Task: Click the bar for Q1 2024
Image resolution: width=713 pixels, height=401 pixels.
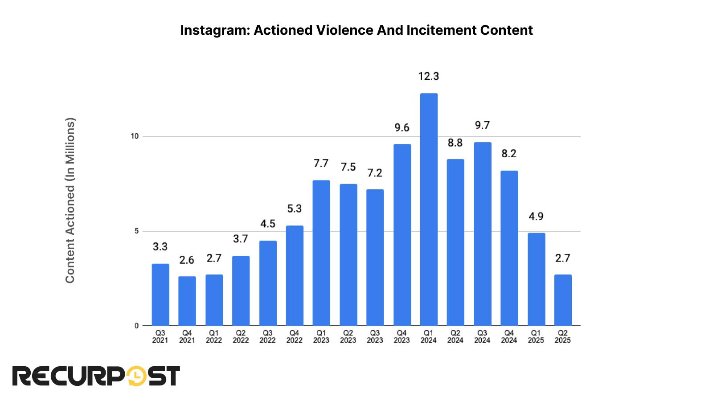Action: [x=429, y=209]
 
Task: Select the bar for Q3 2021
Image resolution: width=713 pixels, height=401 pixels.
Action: [x=160, y=295]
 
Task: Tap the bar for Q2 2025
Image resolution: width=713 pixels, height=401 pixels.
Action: [x=563, y=300]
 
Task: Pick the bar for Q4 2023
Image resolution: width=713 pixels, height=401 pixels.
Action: [x=402, y=235]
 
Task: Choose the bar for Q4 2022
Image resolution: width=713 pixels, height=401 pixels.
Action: [x=295, y=275]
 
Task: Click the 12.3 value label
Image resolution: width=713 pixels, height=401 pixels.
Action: [x=429, y=76]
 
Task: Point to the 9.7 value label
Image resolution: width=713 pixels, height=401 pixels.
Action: [x=482, y=125]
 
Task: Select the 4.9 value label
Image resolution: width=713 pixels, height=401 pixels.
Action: [x=536, y=217]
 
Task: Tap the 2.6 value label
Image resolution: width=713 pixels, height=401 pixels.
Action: [x=187, y=260]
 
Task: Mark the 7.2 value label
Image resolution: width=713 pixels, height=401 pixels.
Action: [x=375, y=173]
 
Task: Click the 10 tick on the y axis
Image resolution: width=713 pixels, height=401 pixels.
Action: [x=135, y=136]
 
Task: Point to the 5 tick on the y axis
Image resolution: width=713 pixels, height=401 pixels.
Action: [x=136, y=231]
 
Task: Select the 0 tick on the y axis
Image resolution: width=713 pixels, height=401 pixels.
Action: [x=136, y=326]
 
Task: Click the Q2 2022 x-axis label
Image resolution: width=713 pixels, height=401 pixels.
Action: [x=241, y=336]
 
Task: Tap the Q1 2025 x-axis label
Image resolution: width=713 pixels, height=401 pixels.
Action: [x=536, y=336]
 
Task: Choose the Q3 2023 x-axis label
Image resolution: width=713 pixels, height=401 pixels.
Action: [x=375, y=336]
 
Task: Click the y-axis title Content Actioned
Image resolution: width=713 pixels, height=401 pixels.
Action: [x=70, y=200]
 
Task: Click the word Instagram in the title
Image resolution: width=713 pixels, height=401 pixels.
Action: [x=215, y=30]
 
